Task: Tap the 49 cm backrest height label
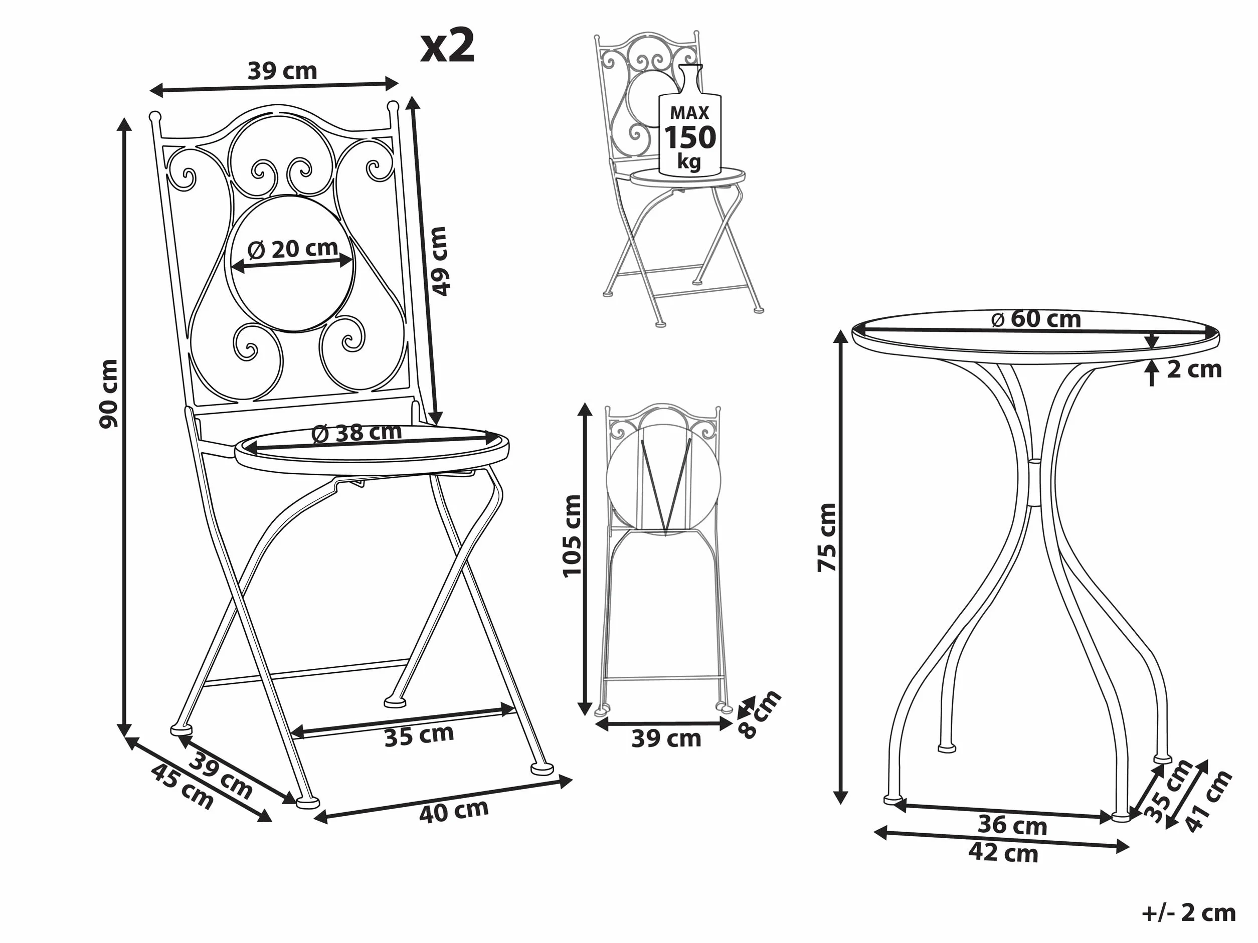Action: (440, 261)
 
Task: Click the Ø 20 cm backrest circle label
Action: (293, 249)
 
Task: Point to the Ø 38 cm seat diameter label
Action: (356, 432)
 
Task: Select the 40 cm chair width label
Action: (454, 811)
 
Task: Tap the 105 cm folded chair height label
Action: (572, 536)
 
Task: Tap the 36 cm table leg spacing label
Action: (1012, 825)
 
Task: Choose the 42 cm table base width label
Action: (1003, 853)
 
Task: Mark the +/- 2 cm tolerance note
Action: (1189, 913)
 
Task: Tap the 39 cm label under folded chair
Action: (666, 738)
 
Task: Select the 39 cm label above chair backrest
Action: (282, 71)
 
